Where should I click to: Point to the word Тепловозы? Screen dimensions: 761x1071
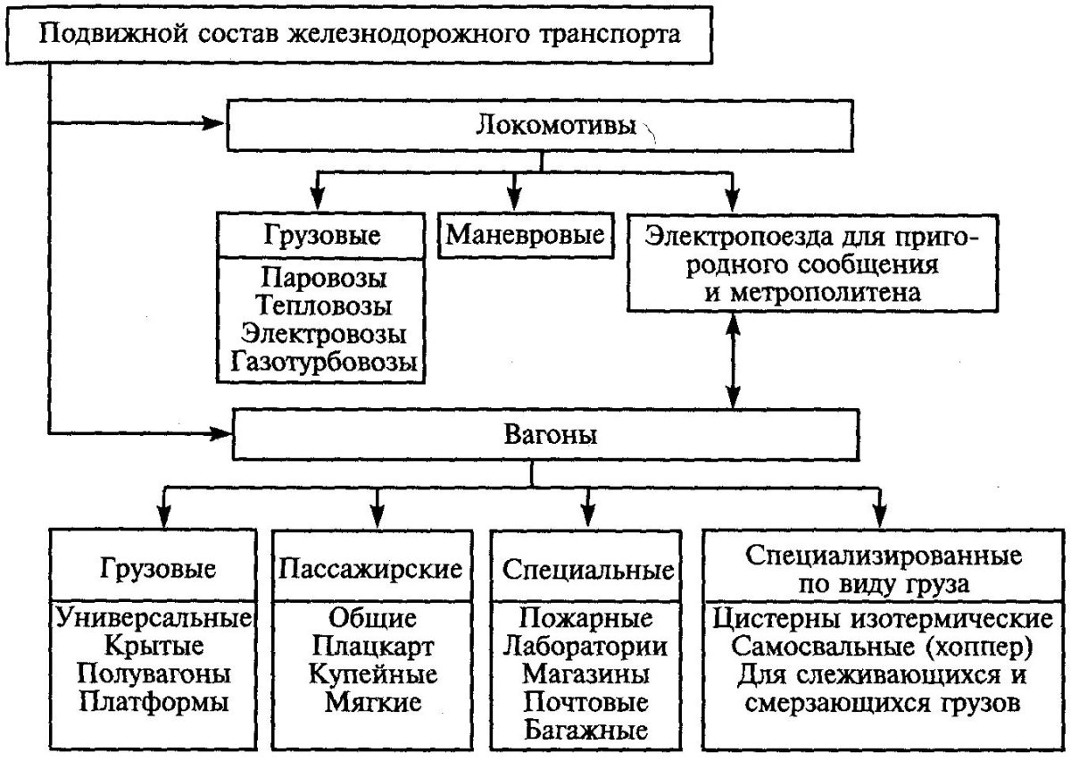pyautogui.click(x=324, y=305)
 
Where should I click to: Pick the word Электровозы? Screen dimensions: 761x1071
pyautogui.click(x=324, y=334)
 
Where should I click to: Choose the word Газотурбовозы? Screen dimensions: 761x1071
pyautogui.click(x=324, y=363)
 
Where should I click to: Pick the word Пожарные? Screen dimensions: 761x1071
pyautogui.click(x=586, y=617)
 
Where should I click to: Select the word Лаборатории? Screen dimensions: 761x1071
pyautogui.click(x=586, y=645)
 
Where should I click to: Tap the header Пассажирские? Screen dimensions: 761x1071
pyautogui.click(x=372, y=568)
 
